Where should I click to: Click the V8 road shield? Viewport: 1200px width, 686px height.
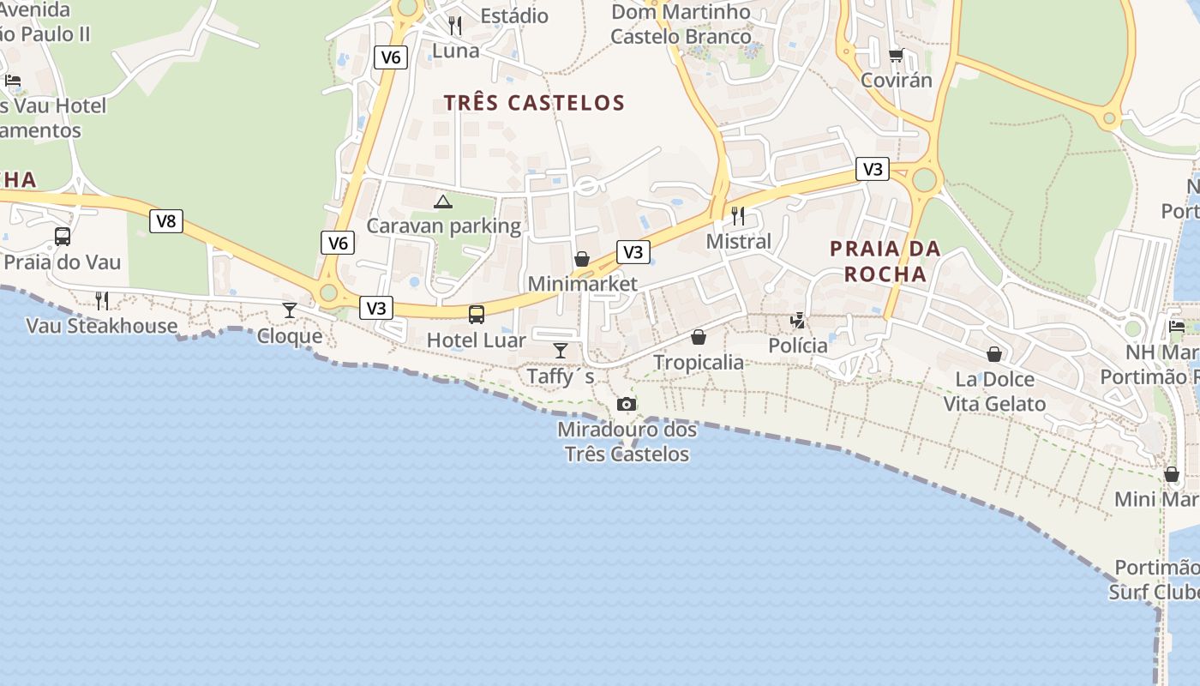click(x=166, y=221)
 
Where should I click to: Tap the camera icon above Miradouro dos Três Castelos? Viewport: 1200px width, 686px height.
click(x=627, y=404)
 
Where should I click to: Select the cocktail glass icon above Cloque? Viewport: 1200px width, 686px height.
click(x=290, y=310)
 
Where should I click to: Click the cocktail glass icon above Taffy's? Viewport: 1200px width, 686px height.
click(x=561, y=350)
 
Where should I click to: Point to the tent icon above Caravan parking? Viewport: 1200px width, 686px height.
click(x=442, y=202)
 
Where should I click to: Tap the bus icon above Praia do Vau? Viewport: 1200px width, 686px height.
click(x=63, y=237)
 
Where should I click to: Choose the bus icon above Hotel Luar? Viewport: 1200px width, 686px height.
click(x=477, y=315)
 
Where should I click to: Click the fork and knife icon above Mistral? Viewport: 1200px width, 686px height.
click(x=738, y=215)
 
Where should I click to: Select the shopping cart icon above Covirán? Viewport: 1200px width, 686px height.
click(x=896, y=56)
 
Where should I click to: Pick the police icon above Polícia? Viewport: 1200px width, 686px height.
click(x=798, y=321)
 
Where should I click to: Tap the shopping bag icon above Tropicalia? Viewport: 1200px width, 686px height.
click(x=699, y=337)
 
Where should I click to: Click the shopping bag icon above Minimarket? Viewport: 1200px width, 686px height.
click(x=582, y=259)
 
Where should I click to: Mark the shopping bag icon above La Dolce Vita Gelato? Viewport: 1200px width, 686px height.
click(x=994, y=353)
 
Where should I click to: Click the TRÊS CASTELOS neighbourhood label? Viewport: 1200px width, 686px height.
click(x=534, y=103)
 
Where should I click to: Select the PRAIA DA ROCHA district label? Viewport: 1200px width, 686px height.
click(x=885, y=262)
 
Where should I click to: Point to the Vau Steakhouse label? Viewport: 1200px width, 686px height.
click(x=102, y=326)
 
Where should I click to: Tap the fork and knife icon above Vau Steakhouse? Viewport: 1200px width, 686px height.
click(x=102, y=300)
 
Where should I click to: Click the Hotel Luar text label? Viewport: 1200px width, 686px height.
click(x=477, y=340)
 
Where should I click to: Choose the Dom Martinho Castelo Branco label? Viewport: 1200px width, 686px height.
click(x=681, y=24)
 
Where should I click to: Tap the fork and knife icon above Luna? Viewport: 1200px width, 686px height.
click(x=455, y=26)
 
